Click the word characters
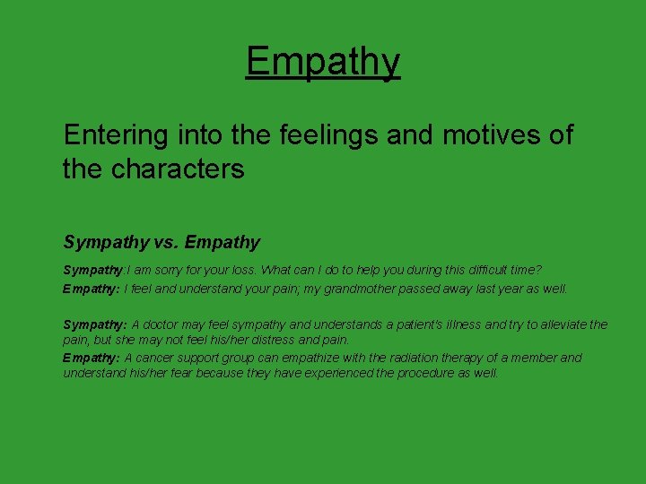click(x=177, y=169)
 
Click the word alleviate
click(x=553, y=324)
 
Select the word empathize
click(x=327, y=358)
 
